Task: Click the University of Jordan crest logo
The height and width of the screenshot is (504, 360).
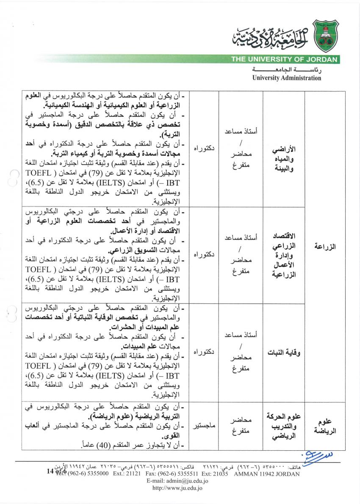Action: (325, 36)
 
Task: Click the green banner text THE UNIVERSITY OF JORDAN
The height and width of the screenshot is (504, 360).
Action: (284, 60)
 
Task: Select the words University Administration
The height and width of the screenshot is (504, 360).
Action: (287, 78)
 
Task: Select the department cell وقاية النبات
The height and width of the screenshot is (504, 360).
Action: (283, 353)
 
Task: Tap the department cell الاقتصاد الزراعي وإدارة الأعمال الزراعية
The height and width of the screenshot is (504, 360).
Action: (283, 255)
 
